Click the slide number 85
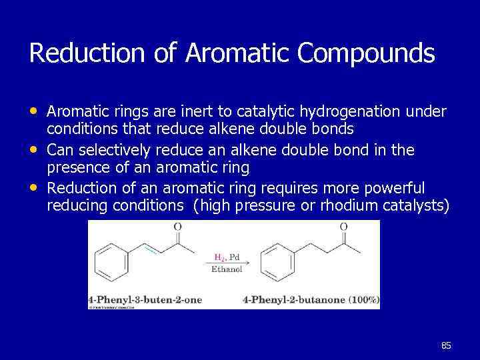click(446, 345)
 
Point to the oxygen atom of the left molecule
click(177, 227)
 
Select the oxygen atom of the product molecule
click(343, 227)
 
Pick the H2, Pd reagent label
click(227, 257)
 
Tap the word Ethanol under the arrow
click(227, 270)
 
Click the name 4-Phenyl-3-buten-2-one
click(145, 300)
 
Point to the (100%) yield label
click(363, 300)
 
